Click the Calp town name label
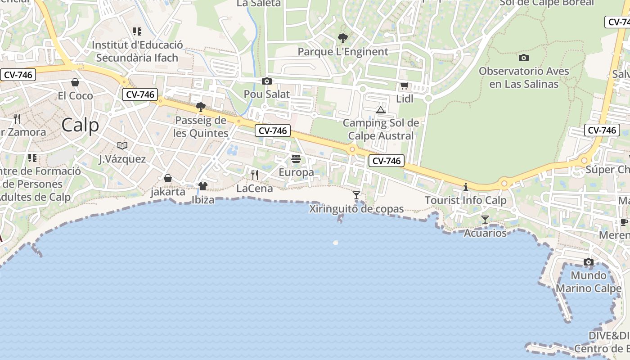click(80, 125)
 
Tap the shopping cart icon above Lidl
click(404, 86)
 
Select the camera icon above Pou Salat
click(267, 81)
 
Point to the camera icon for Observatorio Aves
click(524, 58)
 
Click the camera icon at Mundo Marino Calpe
click(588, 262)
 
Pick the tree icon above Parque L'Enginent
click(343, 38)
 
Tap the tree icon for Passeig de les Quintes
click(201, 107)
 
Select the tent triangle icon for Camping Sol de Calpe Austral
click(381, 110)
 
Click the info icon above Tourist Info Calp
click(466, 187)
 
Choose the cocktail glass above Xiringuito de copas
click(356, 195)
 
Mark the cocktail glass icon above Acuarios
click(485, 220)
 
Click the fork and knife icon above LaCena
click(255, 175)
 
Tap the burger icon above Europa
click(296, 159)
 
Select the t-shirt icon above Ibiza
click(203, 186)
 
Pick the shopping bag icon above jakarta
click(168, 178)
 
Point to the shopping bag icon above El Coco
click(75, 82)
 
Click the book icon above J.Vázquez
click(122, 145)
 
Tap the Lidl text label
click(405, 99)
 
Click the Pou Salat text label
click(267, 94)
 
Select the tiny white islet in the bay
click(335, 242)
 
